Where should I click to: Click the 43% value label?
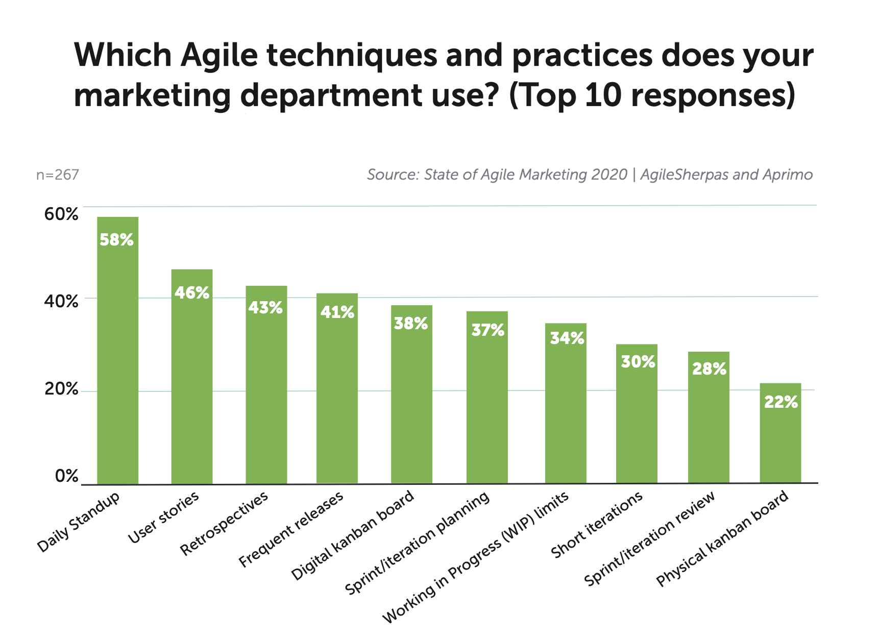pos(265,308)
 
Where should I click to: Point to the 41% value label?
pos(337,312)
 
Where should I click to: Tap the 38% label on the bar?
pos(411,324)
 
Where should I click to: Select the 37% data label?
pos(487,330)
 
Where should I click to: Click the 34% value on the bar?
pos(567,338)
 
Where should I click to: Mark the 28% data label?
pos(709,368)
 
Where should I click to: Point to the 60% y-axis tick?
pos(61,214)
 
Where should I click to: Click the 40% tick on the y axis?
pos(61,302)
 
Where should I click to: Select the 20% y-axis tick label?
pos(61,389)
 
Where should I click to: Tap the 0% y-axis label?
pos(66,476)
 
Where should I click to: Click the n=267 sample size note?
pos(57,175)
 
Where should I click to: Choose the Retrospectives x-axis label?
pos(225,524)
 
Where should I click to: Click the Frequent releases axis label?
pos(291,531)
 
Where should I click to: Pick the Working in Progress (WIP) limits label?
pos(476,558)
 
